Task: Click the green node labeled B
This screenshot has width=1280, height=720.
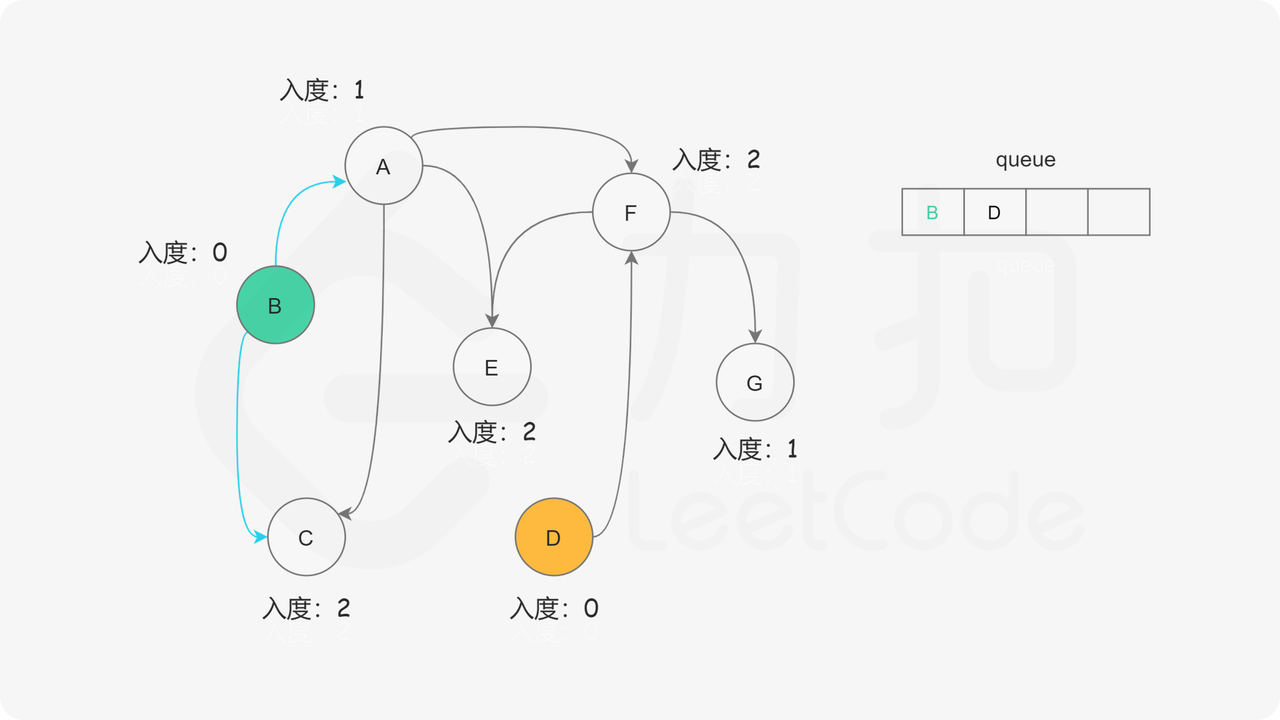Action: (275, 305)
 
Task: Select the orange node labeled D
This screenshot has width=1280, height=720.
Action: (554, 537)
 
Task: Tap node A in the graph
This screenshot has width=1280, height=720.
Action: (383, 166)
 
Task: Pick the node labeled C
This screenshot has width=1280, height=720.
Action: (306, 537)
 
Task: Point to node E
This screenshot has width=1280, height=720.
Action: (492, 367)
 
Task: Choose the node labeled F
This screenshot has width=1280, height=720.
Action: (631, 212)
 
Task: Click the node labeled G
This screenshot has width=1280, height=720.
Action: (755, 382)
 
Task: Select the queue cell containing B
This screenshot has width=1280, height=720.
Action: (932, 212)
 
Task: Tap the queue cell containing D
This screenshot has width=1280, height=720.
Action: (994, 212)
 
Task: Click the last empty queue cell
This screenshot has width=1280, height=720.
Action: (1119, 212)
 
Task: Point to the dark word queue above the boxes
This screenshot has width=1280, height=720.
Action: (1025, 159)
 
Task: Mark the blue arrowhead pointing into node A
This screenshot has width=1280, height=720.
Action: (339, 182)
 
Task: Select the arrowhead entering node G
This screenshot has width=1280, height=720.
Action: (755, 336)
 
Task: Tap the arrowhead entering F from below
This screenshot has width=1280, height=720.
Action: (632, 258)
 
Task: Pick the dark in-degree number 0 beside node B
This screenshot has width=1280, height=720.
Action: (220, 252)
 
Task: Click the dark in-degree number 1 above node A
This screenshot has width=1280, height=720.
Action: (359, 89)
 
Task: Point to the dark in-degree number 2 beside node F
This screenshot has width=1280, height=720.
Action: (754, 158)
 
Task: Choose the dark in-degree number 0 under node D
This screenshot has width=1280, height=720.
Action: (591, 607)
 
